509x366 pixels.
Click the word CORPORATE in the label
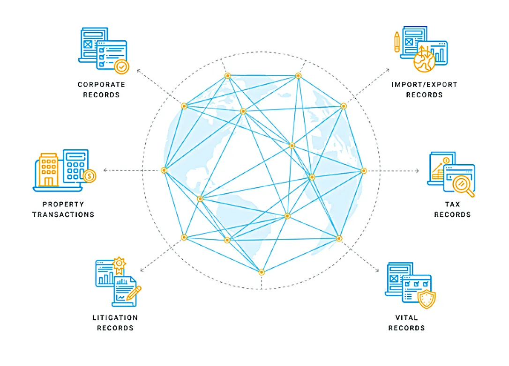(101, 85)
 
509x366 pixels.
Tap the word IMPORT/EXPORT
(424, 85)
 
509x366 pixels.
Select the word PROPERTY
(63, 204)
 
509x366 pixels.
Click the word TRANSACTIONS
(63, 215)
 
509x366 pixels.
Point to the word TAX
(452, 204)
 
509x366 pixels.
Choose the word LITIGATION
(115, 318)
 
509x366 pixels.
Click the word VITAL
(406, 318)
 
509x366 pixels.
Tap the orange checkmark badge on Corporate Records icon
(122, 67)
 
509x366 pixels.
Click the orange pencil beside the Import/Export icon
(397, 42)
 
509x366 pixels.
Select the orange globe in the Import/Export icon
(424, 61)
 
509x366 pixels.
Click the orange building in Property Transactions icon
(49, 169)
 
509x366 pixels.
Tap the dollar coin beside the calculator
(89, 176)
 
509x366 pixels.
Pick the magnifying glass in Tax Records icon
(463, 185)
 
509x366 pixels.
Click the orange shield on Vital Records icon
(427, 299)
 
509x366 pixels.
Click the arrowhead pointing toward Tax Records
(418, 170)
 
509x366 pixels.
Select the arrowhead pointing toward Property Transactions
(105, 170)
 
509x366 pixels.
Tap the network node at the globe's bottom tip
(262, 272)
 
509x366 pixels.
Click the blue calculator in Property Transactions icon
(75, 166)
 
